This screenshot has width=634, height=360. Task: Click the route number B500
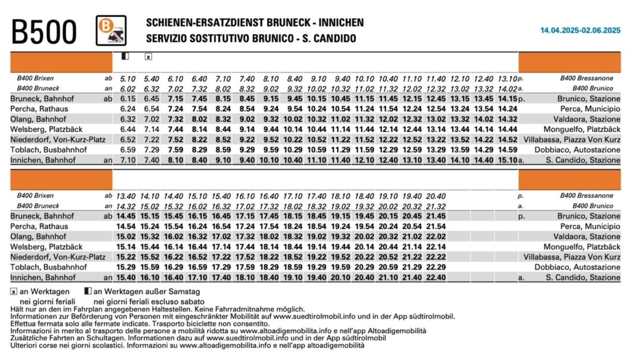[44, 32]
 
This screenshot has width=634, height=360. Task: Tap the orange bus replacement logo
[111, 30]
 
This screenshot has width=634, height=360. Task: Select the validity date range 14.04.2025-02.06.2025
[580, 30]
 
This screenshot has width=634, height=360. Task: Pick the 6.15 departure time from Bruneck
[128, 99]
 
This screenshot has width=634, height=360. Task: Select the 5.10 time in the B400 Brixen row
[128, 78]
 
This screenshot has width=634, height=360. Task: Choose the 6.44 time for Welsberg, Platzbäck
[128, 130]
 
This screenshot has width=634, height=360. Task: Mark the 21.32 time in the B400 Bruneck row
[436, 206]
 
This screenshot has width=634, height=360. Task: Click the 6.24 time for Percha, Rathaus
[128, 109]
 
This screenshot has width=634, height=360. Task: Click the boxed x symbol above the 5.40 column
[148, 57]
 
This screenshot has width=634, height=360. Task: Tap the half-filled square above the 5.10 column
[125, 56]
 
